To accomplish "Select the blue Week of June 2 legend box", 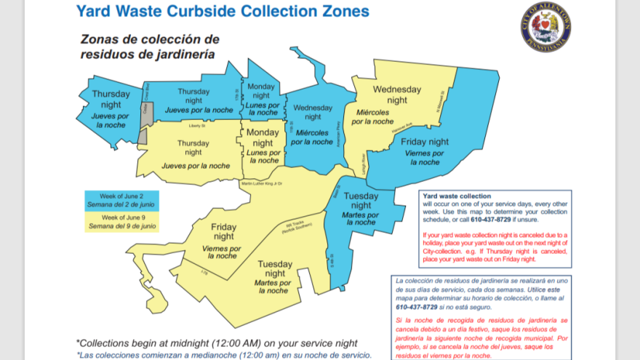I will coord(121,200).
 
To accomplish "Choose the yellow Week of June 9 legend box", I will coord(121,221).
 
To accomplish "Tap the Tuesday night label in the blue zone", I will coord(361,201).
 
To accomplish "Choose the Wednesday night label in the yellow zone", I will coord(397,95).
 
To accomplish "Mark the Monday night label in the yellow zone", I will coord(263,137).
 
